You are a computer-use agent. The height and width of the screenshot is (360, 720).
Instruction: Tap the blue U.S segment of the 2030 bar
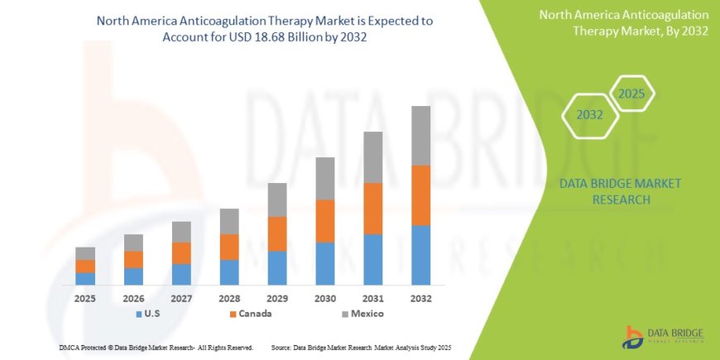tap(325, 263)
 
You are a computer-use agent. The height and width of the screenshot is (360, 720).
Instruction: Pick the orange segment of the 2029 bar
tap(277, 233)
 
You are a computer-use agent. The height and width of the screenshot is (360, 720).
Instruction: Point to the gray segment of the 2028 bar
tap(229, 221)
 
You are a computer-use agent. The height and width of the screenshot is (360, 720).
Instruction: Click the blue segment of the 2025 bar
tap(85, 278)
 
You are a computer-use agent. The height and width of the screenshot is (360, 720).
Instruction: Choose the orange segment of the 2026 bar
tap(133, 259)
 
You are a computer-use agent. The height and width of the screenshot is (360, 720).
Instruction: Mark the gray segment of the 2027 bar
tap(181, 232)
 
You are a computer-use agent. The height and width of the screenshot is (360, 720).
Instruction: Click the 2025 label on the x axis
tap(85, 298)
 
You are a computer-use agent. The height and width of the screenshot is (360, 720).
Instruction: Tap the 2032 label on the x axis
tap(420, 298)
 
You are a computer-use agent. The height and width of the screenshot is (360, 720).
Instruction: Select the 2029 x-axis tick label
tap(277, 298)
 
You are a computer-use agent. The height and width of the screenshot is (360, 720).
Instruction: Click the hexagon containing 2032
tap(590, 115)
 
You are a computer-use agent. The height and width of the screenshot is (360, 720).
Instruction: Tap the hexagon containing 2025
tap(632, 93)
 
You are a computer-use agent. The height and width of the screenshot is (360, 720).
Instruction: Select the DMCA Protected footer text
tap(156, 347)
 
